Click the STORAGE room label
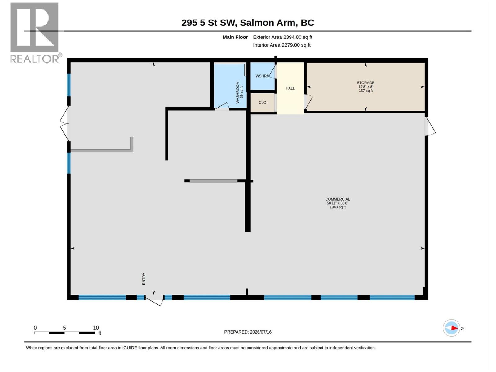click(365, 83)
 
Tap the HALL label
click(290, 88)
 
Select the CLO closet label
click(262, 103)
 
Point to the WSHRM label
click(262, 76)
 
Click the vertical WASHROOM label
click(237, 92)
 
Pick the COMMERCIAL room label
click(337, 199)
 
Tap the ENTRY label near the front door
click(144, 279)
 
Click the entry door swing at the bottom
click(154, 300)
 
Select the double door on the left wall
click(65, 124)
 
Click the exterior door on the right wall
click(430, 126)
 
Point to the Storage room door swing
click(308, 101)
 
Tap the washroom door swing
click(222, 106)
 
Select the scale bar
click(64, 333)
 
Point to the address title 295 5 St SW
click(209, 23)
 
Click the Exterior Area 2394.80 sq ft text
click(282, 37)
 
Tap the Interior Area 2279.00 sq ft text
click(281, 45)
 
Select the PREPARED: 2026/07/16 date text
click(248, 332)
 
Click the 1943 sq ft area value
click(337, 207)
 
